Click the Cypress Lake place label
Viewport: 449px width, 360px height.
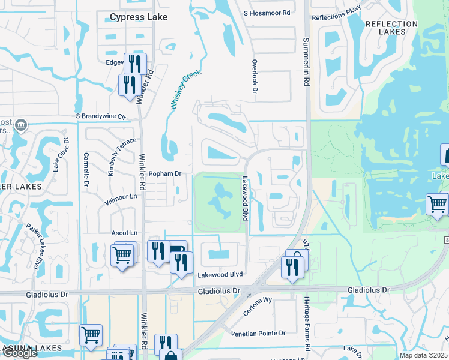pos(139,17)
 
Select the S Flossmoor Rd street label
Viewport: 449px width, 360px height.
pos(267,13)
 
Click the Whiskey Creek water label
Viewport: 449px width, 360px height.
pos(185,89)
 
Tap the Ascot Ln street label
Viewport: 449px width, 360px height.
pos(124,233)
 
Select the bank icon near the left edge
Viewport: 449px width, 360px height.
pos(20,125)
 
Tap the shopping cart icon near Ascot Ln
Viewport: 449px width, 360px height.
pos(122,254)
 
